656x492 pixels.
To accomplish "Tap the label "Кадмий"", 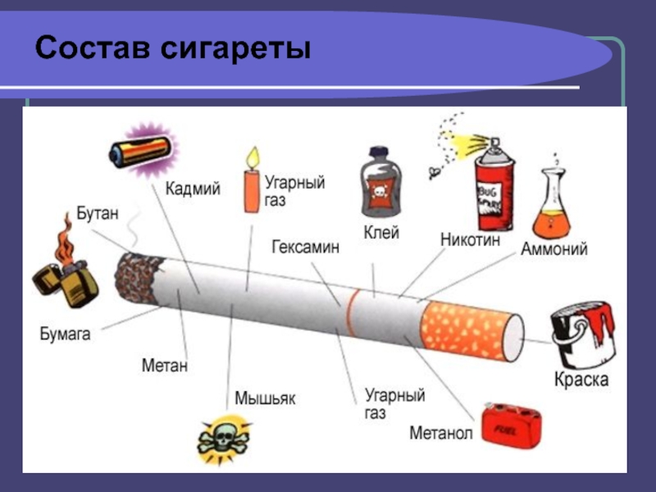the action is click(193, 189).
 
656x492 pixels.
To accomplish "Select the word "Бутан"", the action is click(98, 213).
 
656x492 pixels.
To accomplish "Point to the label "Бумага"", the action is click(65, 334).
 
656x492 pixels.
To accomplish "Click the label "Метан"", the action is click(164, 365).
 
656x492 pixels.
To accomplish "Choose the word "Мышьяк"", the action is click(265, 399).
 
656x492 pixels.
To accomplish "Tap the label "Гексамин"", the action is click(305, 247).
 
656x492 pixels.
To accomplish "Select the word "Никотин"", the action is click(471, 241).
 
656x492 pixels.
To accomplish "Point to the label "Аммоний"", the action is click(554, 249).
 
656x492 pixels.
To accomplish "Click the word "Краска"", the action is click(581, 380).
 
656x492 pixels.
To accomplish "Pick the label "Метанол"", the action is click(440, 432).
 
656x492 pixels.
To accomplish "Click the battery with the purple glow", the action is click(141, 151).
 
